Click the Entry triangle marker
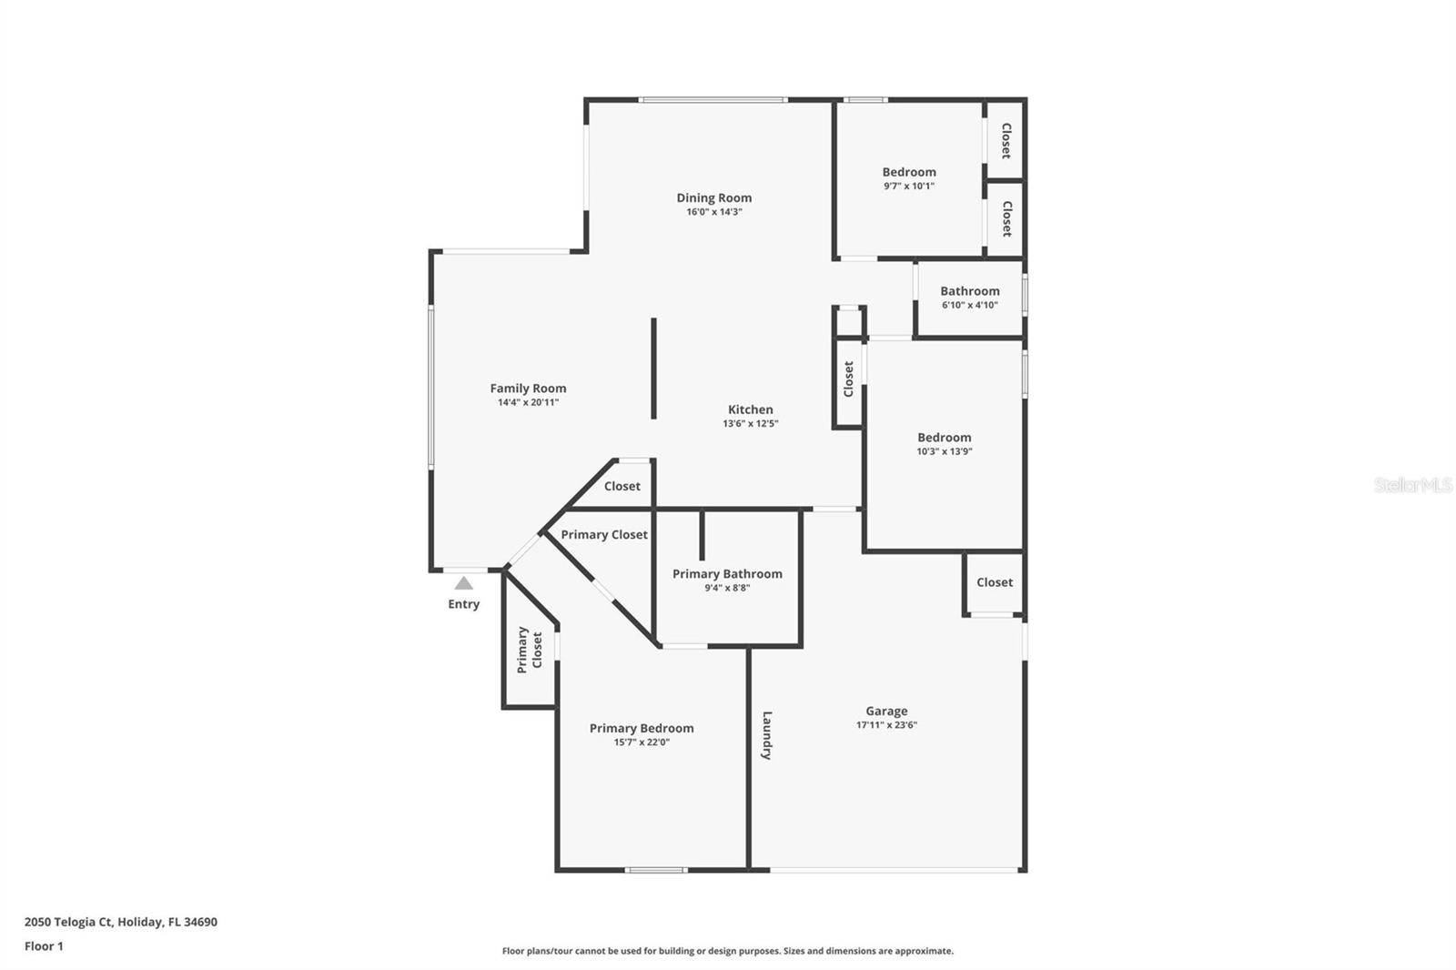tap(464, 583)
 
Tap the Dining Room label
tap(714, 197)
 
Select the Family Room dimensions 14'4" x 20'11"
tap(528, 402)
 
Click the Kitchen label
tap(751, 409)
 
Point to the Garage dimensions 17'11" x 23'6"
tap(886, 725)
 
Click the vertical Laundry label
tap(767, 735)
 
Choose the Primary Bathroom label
tap(727, 573)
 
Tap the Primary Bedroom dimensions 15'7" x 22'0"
tap(642, 743)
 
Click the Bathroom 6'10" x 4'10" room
tap(969, 298)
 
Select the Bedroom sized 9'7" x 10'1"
tap(909, 177)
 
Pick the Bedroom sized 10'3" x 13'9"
tap(944, 443)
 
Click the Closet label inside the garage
tap(994, 582)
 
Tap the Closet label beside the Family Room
tap(622, 486)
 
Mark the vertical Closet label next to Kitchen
tap(848, 379)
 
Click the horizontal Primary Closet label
tap(604, 534)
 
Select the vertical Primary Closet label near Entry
tap(530, 650)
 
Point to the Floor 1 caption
tap(44, 946)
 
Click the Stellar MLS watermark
tap(1412, 486)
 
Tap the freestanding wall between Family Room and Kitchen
tap(653, 369)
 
